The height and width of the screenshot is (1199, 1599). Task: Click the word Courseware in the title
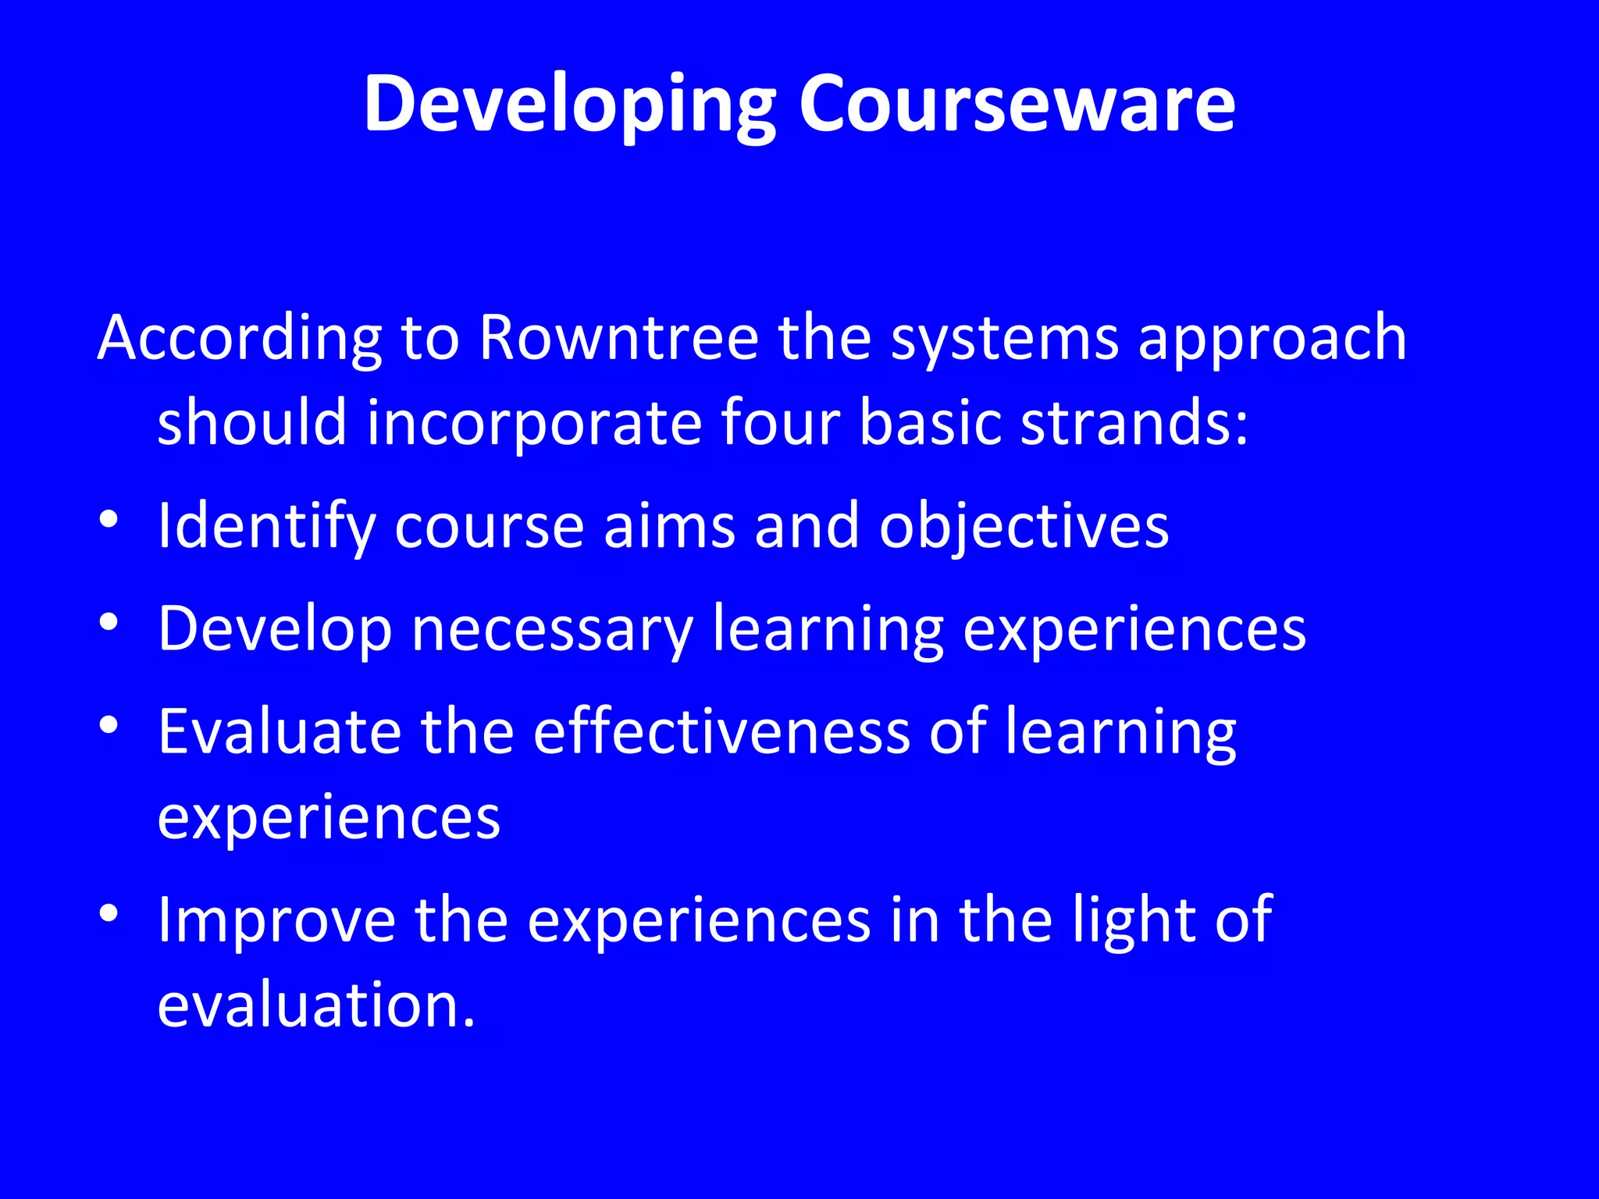click(x=1017, y=104)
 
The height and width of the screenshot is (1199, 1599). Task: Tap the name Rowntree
click(x=618, y=338)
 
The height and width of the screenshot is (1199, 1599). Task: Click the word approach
click(x=1272, y=340)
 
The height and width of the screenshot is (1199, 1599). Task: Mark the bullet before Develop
click(x=109, y=622)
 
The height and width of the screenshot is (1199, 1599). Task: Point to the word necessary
click(x=552, y=629)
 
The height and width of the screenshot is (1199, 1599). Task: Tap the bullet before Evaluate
click(x=109, y=725)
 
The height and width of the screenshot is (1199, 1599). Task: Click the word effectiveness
click(x=721, y=732)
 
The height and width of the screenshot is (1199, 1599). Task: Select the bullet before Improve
click(x=109, y=913)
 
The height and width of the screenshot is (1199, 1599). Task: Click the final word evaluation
click(x=316, y=1005)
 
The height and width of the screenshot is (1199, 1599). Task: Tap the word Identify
click(x=266, y=527)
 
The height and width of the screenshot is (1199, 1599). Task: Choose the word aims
click(x=669, y=526)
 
